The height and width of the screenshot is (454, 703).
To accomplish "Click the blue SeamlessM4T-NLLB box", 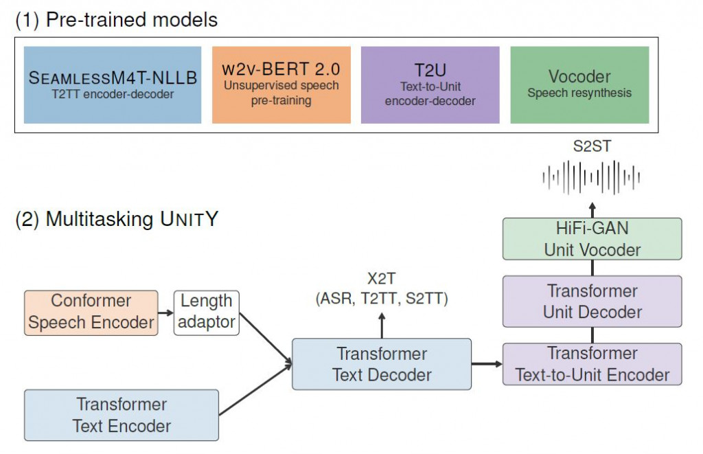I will pos(113,85).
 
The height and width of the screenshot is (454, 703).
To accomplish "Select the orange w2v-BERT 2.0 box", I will pos(281,85).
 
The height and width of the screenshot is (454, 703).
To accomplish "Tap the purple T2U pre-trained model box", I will pos(430,85).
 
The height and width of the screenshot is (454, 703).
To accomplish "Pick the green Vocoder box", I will pos(579,85).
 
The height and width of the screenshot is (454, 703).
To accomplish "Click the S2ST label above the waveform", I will pos(592,146).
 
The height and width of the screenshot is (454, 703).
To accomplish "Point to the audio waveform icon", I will pos(592,178).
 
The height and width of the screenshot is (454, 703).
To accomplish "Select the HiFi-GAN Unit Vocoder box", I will pos(592,239).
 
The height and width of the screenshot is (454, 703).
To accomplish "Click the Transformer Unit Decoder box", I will pos(592,301).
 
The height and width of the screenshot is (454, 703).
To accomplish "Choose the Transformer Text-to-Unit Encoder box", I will pos(592,363).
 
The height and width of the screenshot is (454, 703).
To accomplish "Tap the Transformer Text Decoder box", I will pos(382,364).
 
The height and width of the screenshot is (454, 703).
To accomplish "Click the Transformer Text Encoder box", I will pos(122,415).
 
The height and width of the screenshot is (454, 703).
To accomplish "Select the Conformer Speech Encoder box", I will pos(91,313).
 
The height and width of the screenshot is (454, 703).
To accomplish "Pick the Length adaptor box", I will pos(207,312).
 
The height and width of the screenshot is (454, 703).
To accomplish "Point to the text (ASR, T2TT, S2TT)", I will pos(382,298).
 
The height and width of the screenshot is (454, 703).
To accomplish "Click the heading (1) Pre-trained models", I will pos(116,20).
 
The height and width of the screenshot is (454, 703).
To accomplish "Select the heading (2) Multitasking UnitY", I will pos(117,220).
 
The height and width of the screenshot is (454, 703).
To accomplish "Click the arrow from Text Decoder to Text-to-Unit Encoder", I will pos(487,364).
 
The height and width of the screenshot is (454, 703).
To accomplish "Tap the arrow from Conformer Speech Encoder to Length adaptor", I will pos(166,313).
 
